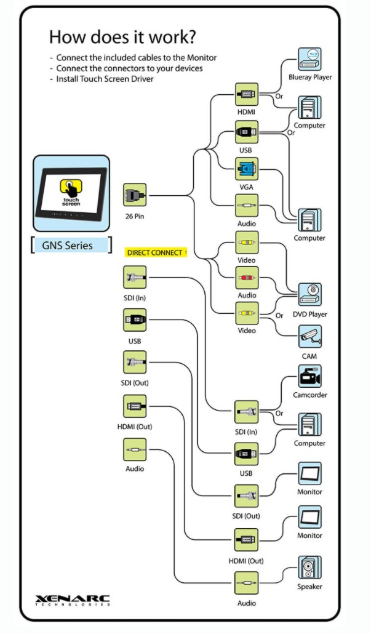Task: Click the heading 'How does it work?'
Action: pyautogui.click(x=122, y=36)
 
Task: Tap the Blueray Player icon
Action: pyautogui.click(x=309, y=59)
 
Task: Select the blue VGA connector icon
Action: pyautogui.click(x=247, y=168)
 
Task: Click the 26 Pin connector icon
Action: pyautogui.click(x=135, y=195)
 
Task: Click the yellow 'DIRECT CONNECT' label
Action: pyautogui.click(x=155, y=252)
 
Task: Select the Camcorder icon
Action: pyautogui.click(x=309, y=376)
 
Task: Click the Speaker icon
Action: pyautogui.click(x=309, y=568)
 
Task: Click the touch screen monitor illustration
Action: pyautogui.click(x=71, y=188)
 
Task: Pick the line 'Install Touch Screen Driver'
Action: pyautogui.click(x=105, y=79)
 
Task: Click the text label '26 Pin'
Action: pyautogui.click(x=135, y=216)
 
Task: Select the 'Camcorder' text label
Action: pyautogui.click(x=309, y=395)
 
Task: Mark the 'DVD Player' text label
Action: pyautogui.click(x=309, y=315)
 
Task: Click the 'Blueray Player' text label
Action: pyautogui.click(x=309, y=78)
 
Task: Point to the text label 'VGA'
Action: pyautogui.click(x=247, y=187)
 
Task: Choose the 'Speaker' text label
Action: pyautogui.click(x=309, y=587)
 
